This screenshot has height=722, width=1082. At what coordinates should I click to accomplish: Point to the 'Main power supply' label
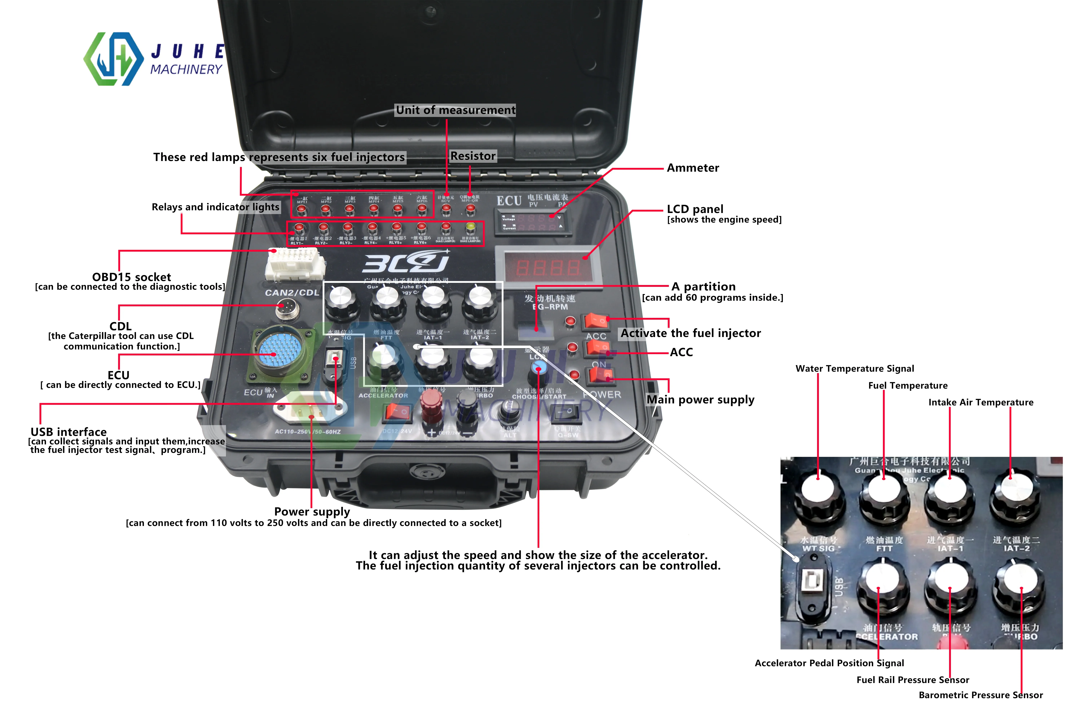tap(700, 400)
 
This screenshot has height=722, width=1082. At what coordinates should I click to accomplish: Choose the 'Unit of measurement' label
tap(456, 110)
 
